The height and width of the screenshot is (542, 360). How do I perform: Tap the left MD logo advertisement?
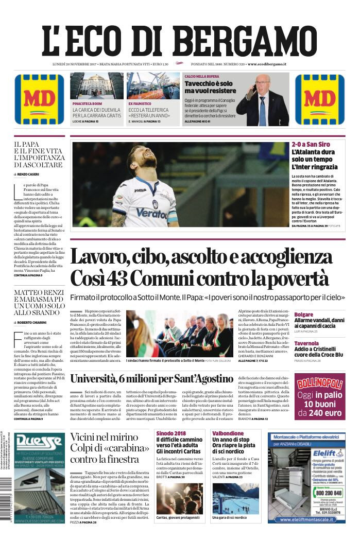click(39, 99)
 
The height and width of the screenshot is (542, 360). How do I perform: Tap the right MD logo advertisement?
click(320, 99)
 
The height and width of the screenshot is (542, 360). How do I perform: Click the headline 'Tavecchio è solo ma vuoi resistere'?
click(209, 87)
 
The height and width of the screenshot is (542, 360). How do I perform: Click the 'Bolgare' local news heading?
click(303, 314)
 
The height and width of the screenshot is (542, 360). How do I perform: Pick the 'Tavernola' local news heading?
click(306, 343)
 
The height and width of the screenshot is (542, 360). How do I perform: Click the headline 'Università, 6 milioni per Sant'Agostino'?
click(152, 379)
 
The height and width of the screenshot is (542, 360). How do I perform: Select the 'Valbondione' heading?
click(227, 433)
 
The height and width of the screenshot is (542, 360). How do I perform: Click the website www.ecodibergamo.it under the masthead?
click(267, 64)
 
